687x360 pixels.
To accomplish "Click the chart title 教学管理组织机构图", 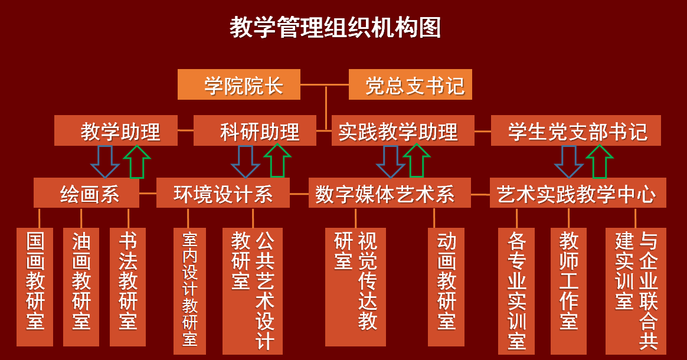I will (x=335, y=28).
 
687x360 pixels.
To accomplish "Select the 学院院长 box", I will (x=239, y=85).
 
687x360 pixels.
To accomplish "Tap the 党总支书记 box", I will (x=410, y=85).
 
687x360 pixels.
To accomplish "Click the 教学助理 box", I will (x=116, y=131).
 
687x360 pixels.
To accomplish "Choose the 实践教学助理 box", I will (x=403, y=131).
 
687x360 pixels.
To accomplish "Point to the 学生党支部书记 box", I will (x=575, y=131).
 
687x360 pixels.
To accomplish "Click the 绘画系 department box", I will (x=87, y=194).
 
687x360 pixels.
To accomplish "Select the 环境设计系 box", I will (x=223, y=194).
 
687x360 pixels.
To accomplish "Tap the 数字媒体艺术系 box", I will (x=390, y=194).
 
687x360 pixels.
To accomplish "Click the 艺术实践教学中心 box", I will (x=578, y=194).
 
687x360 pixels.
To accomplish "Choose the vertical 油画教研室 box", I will (x=81, y=287).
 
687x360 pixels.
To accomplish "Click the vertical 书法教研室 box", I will (x=128, y=287).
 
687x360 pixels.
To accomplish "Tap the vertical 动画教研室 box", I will (x=447, y=287).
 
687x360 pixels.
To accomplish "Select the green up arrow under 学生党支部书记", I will (x=600, y=161).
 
